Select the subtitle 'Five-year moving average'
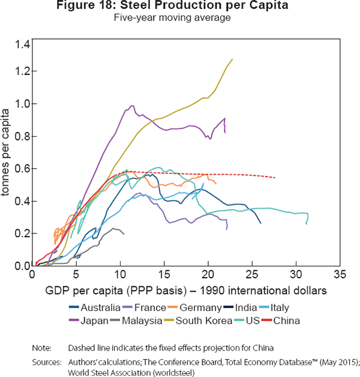(179, 18)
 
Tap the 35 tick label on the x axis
(340, 275)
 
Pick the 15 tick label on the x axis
(164, 275)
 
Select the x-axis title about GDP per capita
(185, 291)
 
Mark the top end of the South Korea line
(232, 59)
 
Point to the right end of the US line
(307, 223)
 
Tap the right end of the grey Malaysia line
(124, 234)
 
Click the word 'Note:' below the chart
(44, 348)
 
